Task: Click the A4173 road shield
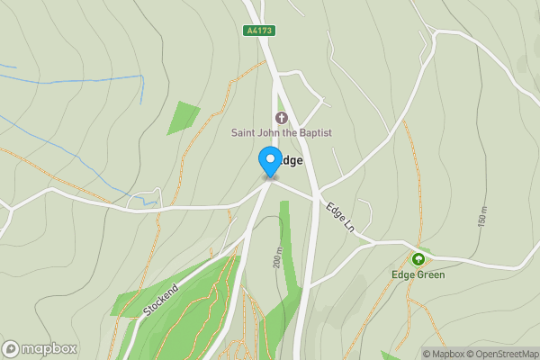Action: [258, 31]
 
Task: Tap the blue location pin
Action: [269, 162]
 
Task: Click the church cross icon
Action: [281, 118]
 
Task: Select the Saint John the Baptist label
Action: [281, 133]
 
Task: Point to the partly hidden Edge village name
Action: [290, 160]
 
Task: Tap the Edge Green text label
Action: [418, 274]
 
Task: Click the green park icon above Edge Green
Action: [418, 259]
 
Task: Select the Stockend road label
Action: [161, 300]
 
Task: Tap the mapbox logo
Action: [40, 349]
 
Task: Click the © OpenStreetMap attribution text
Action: [502, 354]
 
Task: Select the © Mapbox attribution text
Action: [443, 354]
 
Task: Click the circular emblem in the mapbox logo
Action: [11, 349]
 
